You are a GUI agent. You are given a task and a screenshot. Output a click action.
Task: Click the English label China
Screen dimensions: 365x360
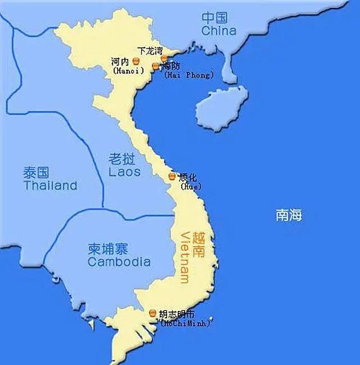tap(219, 30)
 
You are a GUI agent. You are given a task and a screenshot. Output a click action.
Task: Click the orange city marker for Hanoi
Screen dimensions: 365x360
tap(136, 60)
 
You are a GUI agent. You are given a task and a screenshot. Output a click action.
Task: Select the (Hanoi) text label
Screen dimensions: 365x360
tap(128, 71)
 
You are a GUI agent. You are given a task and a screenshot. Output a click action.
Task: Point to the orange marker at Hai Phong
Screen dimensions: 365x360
tap(156, 66)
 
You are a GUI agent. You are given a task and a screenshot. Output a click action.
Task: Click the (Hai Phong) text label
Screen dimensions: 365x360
tap(188, 75)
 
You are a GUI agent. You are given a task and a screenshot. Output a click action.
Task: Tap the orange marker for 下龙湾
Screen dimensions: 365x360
tap(164, 58)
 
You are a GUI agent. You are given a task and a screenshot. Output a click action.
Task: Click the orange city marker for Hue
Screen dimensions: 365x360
tap(172, 177)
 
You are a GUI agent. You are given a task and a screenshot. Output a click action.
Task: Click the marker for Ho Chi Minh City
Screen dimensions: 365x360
tap(154, 313)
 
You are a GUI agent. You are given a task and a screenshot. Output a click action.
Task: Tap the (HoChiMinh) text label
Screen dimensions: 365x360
tap(185, 323)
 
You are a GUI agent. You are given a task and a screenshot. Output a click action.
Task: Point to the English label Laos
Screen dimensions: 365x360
tap(124, 171)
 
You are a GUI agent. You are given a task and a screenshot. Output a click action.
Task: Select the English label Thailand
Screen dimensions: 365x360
tap(50, 186)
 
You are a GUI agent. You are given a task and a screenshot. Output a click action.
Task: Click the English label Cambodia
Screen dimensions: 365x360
tap(119, 262)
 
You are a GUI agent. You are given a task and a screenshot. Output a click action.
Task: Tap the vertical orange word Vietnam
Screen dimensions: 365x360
tap(185, 258)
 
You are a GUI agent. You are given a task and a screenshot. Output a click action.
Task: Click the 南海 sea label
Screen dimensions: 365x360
tap(289, 215)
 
